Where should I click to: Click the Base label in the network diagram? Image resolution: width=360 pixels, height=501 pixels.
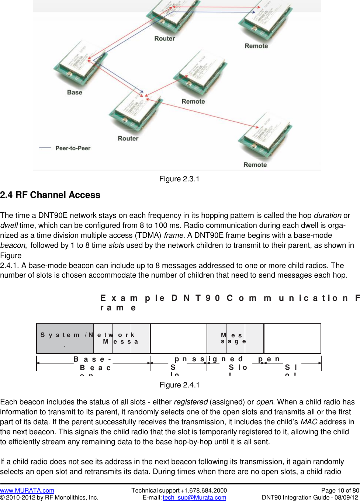(x=75, y=93)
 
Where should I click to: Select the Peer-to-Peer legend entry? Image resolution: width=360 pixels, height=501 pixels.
(x=73, y=148)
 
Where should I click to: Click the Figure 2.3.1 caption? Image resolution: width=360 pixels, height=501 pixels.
(x=179, y=179)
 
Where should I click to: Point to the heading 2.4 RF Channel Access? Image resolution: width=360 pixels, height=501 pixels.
(x=50, y=195)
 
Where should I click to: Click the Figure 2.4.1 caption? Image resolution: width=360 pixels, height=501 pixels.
(x=179, y=385)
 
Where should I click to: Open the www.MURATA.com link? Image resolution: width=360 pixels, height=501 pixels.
(x=27, y=491)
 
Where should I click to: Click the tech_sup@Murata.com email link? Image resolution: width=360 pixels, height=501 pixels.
(x=194, y=498)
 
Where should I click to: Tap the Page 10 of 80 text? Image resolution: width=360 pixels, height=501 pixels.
(x=340, y=491)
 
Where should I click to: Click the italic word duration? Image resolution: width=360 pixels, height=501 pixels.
(x=328, y=216)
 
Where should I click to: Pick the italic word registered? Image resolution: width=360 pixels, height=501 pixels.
(x=191, y=402)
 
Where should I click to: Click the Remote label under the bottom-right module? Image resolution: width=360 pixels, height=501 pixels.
(x=255, y=165)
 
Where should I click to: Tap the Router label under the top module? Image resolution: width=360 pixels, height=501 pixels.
(x=165, y=39)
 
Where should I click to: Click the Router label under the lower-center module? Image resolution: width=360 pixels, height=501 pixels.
(x=128, y=139)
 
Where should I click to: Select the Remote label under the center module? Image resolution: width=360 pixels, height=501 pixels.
(x=193, y=101)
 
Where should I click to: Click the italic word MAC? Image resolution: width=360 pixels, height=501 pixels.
(x=309, y=422)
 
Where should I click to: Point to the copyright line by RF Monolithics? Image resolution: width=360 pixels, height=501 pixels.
(x=49, y=498)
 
